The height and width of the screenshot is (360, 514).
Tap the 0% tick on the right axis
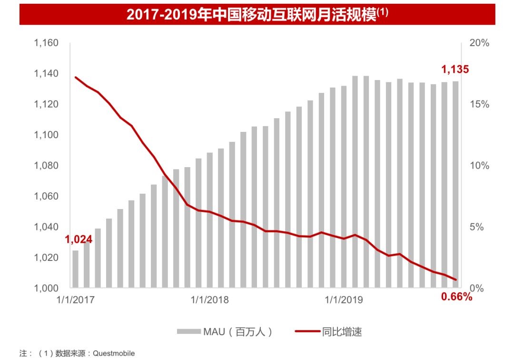coord(476,288)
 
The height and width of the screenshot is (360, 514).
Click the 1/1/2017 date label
coord(75,300)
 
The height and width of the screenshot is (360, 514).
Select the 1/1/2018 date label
coord(209,300)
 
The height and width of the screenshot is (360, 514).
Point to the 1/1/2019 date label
coord(344,300)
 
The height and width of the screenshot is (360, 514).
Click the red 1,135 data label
coord(455,70)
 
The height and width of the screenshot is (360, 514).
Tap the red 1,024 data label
coord(79,239)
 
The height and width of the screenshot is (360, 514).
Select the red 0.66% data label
coord(457,298)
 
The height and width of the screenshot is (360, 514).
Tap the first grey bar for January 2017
coord(75,269)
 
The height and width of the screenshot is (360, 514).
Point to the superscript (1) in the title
coord(383,12)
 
